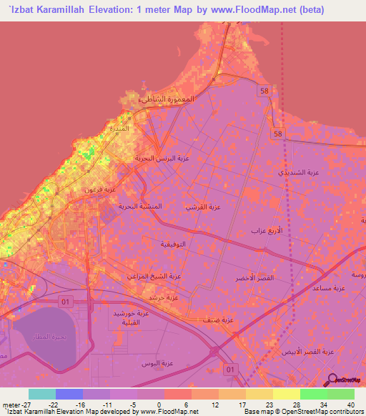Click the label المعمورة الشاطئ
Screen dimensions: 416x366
pos(165,99)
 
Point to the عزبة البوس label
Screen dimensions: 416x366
pos(157,364)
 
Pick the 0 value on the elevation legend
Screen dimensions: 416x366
pos(158,405)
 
